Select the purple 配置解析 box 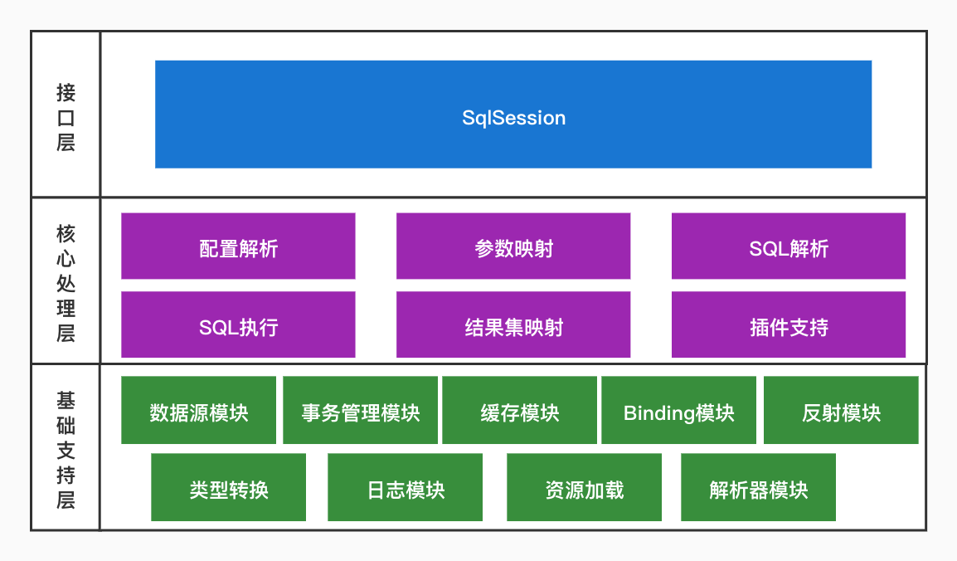click(238, 246)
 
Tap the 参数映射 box click(513, 246)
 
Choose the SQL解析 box click(788, 246)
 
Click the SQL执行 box click(238, 325)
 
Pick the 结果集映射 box click(513, 325)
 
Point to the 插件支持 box click(788, 325)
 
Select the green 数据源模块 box click(198, 411)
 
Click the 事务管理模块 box click(360, 411)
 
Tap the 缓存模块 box click(519, 411)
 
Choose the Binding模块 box click(678, 411)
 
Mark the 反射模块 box click(841, 411)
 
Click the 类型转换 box click(228, 488)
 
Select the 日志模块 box click(406, 488)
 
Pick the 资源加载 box click(584, 488)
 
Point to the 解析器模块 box click(758, 488)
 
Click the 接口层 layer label click(66, 116)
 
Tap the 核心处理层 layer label click(66, 282)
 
